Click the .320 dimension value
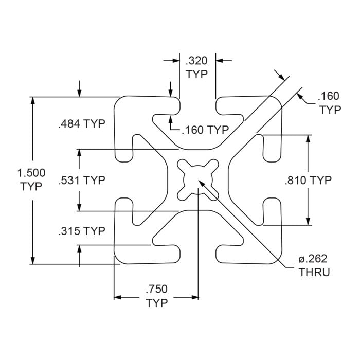click(x=196, y=61)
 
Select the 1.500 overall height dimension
click(x=31, y=173)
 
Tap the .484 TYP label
click(x=82, y=124)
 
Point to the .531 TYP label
click(x=82, y=180)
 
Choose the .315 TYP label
click(x=82, y=231)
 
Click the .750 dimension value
click(x=156, y=289)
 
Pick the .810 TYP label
click(x=309, y=180)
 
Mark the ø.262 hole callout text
click(x=313, y=259)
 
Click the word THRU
click(x=314, y=273)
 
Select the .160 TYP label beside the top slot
click(x=206, y=130)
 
